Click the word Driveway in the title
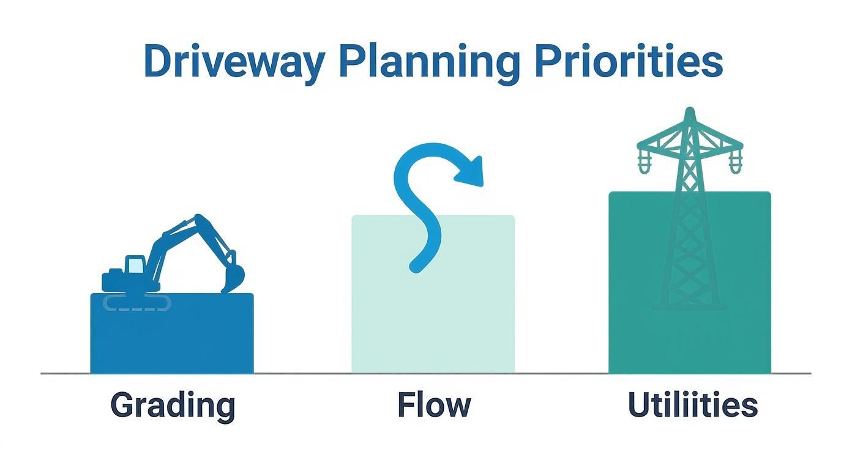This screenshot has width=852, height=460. coord(233,62)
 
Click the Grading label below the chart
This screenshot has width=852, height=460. coord(173,406)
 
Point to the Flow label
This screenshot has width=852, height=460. coord(433,404)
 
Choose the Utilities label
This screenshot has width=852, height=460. coord(693,406)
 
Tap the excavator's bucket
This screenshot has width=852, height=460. coord(232,278)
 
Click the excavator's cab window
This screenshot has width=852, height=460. coord(135,265)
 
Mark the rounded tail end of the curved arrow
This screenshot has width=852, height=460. coord(416,267)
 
